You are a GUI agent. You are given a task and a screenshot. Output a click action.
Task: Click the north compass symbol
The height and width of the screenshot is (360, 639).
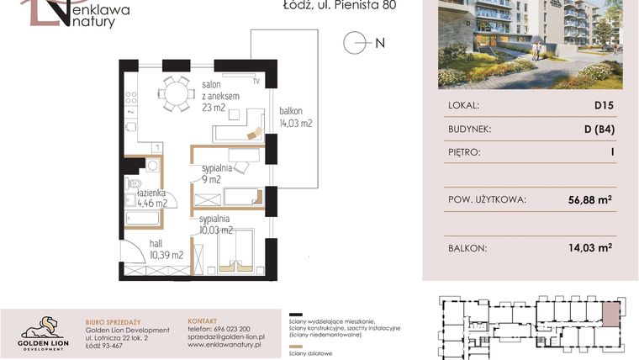click(x=356, y=42)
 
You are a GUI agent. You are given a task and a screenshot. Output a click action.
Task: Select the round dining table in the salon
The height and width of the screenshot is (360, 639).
click(x=177, y=93)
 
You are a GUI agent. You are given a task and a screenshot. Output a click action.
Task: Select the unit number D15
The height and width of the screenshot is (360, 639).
click(x=604, y=105)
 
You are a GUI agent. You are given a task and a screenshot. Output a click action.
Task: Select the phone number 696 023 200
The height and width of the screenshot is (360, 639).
click(x=218, y=330)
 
